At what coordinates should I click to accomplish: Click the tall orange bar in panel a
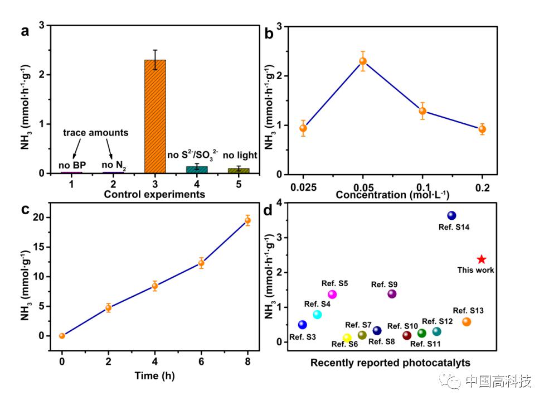tap(155, 117)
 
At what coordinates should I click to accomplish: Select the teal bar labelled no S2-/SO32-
tap(197, 170)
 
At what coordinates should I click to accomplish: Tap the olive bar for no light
tap(239, 171)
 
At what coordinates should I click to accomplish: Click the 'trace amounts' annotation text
tap(95, 133)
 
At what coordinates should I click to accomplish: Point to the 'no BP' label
tap(72, 165)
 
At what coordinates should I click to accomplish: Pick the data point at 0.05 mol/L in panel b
tap(363, 61)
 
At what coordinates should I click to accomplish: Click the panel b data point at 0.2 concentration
tap(482, 129)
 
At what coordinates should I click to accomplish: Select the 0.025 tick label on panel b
tap(303, 188)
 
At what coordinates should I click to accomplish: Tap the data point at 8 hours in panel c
tap(247, 220)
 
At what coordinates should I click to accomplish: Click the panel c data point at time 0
tap(62, 336)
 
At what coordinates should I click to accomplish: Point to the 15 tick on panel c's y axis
tap(38, 247)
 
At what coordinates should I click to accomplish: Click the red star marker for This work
tap(482, 259)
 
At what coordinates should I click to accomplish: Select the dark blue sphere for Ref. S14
tap(451, 215)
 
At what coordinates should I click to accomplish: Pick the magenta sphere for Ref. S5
tap(332, 295)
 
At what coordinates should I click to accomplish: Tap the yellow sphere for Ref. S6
tap(347, 337)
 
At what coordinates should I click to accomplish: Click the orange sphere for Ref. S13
tap(467, 322)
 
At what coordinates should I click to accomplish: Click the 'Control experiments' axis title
tap(154, 195)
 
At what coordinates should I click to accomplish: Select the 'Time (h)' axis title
tap(154, 375)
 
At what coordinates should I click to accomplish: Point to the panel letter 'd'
tap(268, 210)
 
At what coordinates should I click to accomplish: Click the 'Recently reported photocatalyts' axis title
tap(390, 363)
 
